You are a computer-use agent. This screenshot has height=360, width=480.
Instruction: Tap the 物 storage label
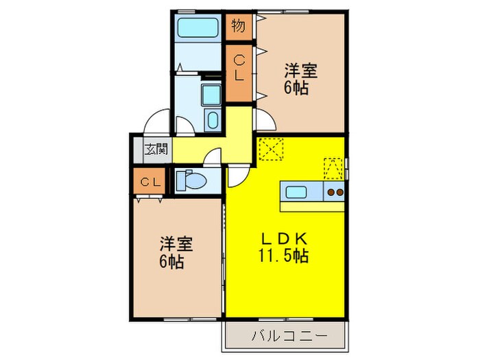click(239, 27)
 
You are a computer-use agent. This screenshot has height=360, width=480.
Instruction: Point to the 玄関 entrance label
click(155, 148)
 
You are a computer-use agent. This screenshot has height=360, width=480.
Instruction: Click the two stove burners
click(334, 192)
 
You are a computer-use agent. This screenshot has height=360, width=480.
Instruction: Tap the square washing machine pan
click(211, 94)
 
